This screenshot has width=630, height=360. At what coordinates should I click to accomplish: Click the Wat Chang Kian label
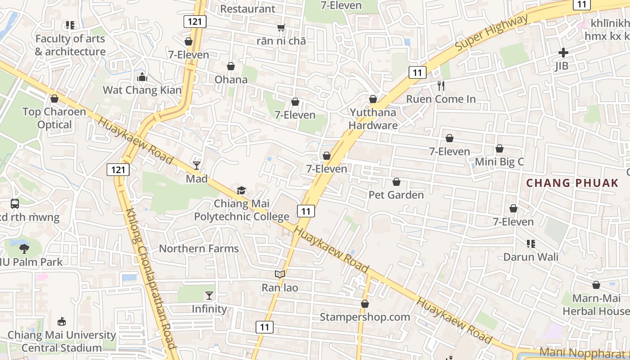click(x=142, y=90)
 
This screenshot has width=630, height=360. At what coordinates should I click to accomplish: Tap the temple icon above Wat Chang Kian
click(x=142, y=77)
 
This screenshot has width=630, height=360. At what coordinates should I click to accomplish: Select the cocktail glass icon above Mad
click(x=197, y=166)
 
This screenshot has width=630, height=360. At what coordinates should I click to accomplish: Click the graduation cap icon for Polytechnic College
click(x=242, y=190)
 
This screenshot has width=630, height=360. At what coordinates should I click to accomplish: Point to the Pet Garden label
click(x=396, y=195)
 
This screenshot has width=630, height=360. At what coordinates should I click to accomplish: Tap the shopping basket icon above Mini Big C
click(x=499, y=148)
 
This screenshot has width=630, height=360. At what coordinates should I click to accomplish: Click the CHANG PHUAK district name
click(x=572, y=183)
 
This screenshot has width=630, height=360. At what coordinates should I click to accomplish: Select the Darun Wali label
click(x=531, y=257)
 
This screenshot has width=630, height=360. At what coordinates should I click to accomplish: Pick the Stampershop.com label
click(x=365, y=317)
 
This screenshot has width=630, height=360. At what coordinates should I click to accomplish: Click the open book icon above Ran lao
click(x=280, y=274)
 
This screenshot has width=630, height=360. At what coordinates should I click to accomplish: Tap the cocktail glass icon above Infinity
click(x=209, y=296)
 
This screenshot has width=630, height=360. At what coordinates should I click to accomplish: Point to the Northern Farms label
click(x=199, y=248)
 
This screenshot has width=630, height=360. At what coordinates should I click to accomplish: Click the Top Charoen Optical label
click(x=54, y=118)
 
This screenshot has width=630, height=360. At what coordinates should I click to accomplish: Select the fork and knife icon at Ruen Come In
click(x=441, y=86)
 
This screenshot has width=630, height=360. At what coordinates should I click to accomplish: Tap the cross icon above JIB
click(x=563, y=53)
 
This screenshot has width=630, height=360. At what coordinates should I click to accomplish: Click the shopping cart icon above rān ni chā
click(x=281, y=28)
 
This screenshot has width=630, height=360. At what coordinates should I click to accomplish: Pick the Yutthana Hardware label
click(x=373, y=119)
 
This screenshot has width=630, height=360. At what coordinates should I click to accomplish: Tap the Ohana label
click(x=231, y=80)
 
